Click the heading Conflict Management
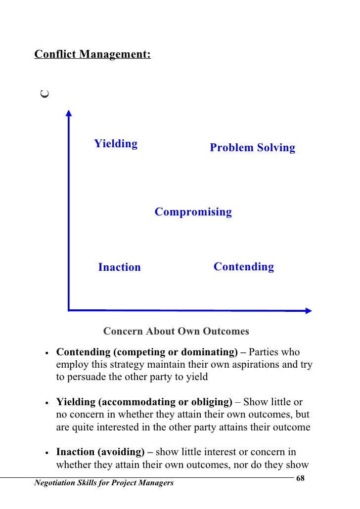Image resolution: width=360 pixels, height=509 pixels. coord(92,54)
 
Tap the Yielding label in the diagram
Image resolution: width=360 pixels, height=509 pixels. coord(116,144)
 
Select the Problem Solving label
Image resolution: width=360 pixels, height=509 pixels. coord(252,148)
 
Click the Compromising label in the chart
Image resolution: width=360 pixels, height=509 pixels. coord(193,212)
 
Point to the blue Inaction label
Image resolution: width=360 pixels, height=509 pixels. coord(119,267)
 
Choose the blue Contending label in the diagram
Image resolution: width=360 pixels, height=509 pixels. coord(243,267)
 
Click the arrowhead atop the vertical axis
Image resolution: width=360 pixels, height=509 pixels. coord(69,113)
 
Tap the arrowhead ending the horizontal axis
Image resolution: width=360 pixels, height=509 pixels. coord(308,311)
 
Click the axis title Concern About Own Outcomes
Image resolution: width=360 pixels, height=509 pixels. coord(176,331)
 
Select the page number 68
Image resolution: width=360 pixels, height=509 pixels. coord(300,479)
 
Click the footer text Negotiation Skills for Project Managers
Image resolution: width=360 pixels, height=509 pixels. coord(103,483)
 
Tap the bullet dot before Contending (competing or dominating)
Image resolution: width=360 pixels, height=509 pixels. coord(46,354)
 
